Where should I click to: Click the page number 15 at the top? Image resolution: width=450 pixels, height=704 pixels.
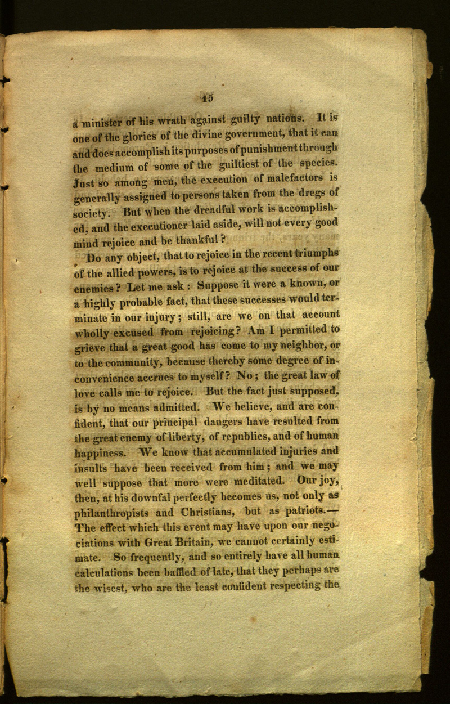[207, 97]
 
